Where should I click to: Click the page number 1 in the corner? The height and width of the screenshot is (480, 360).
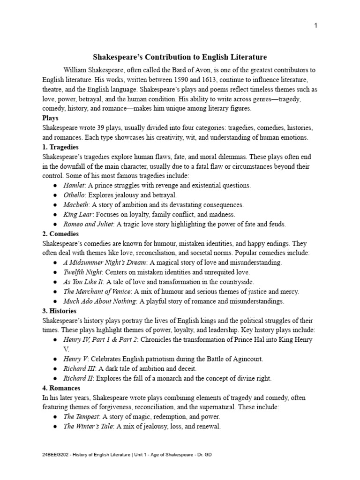click(316, 25)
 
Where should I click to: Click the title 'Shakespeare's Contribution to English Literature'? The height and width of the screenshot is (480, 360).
click(180, 57)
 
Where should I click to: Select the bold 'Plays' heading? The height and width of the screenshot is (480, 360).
click(50, 118)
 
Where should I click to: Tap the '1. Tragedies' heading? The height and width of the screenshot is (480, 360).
click(60, 147)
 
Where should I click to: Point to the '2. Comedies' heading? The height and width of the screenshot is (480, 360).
click(60, 234)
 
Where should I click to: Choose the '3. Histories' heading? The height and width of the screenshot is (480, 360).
click(59, 311)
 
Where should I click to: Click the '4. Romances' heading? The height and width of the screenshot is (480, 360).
click(61, 388)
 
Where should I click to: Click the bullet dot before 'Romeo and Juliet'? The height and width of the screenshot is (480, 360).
click(55, 224)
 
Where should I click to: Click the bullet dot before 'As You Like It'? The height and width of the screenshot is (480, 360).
click(55, 282)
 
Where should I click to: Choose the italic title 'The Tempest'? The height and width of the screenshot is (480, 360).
click(81, 417)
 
